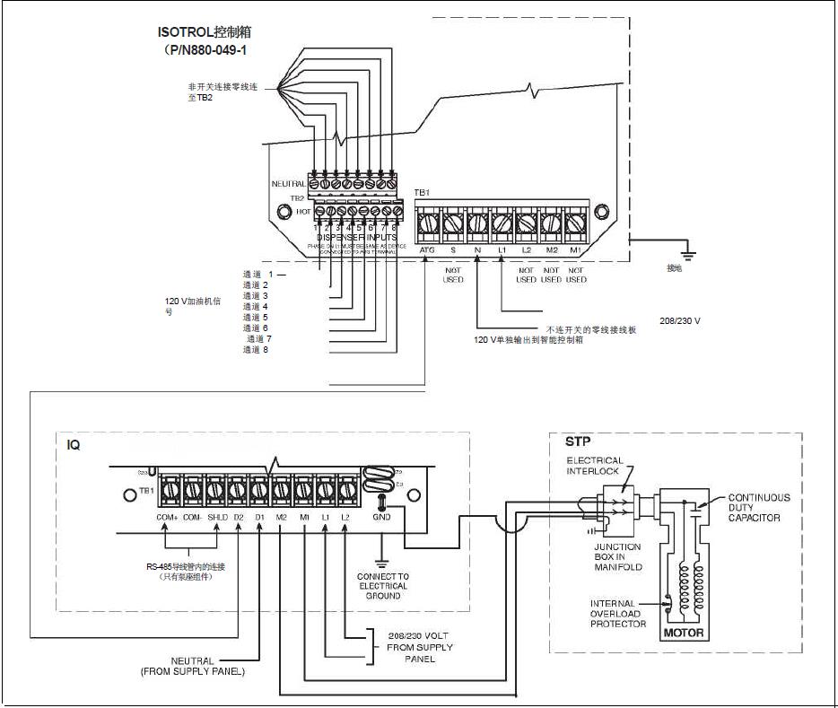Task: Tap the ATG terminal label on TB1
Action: coord(427,249)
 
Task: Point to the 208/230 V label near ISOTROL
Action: coord(680,320)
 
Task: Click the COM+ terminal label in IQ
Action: coord(168,518)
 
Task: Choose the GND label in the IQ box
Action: coord(381,519)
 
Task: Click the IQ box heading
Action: coord(74,445)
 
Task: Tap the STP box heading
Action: coord(578,441)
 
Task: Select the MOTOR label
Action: coord(684,634)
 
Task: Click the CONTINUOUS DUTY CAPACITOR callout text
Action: coord(759,508)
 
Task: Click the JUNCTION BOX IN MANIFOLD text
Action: coord(617,556)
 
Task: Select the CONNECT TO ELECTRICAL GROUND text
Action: coord(382,586)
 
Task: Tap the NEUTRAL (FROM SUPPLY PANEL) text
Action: coord(193,666)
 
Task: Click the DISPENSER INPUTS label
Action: coord(356,237)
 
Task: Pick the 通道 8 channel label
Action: coord(256,349)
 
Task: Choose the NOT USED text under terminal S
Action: coord(453,275)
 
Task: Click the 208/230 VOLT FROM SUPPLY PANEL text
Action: coord(420,646)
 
